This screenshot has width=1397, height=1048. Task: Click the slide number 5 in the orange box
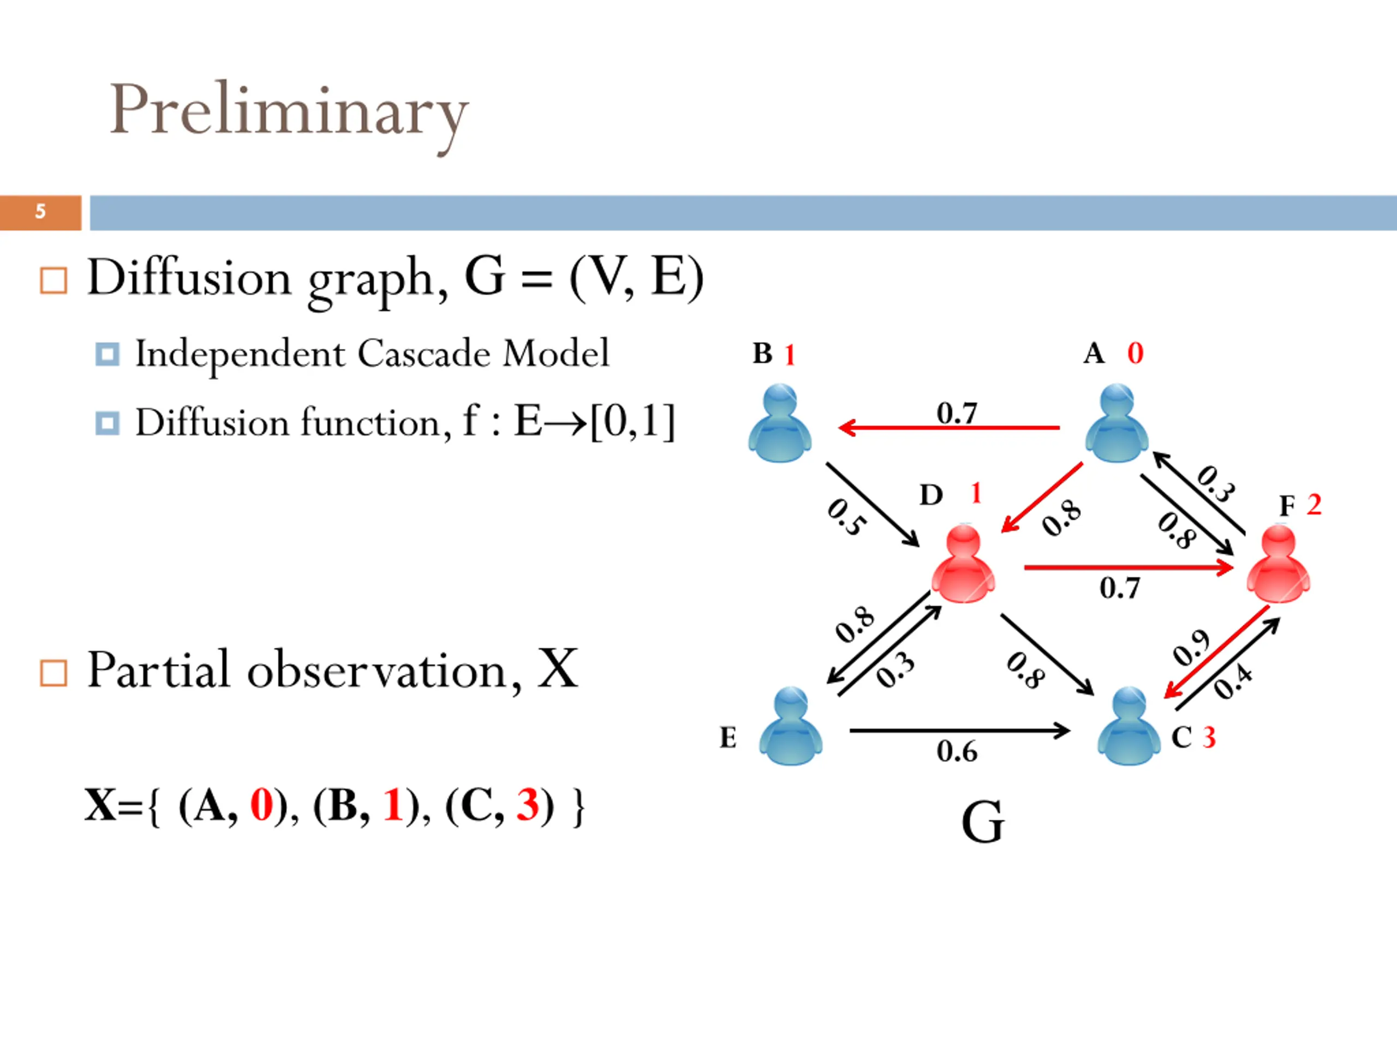coord(40,211)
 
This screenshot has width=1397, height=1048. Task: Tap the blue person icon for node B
coord(779,422)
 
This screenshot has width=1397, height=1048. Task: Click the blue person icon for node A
coord(1116,422)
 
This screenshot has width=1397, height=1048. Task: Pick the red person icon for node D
coord(963,563)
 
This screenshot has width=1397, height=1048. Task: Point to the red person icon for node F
coord(1278,563)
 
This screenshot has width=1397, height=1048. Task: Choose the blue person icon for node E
coord(790,726)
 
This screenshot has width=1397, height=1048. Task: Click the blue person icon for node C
coord(1129,726)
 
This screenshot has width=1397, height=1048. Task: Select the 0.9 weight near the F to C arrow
coord(1191,647)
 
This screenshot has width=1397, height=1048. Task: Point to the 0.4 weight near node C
coord(1232,682)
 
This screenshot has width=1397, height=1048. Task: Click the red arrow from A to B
coord(948,428)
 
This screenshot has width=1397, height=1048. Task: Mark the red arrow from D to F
coord(1129,567)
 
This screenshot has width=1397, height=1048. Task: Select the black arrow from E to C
coord(960,731)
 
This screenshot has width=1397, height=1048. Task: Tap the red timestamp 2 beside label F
coord(1314,504)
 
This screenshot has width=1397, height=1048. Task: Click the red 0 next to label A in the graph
coord(1135,353)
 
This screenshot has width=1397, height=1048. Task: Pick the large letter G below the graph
coord(983,822)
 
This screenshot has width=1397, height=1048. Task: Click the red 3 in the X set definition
coord(527,806)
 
